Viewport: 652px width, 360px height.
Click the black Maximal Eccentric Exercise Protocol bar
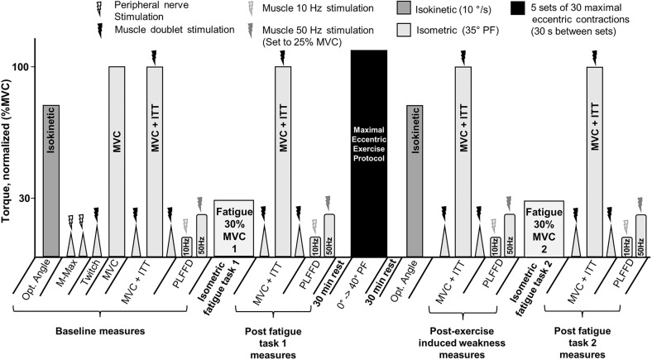pyautogui.click(x=369, y=153)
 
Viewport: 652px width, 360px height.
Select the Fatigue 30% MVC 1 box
pyautogui.click(x=238, y=228)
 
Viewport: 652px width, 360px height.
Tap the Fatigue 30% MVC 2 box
pyautogui.click(x=544, y=228)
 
